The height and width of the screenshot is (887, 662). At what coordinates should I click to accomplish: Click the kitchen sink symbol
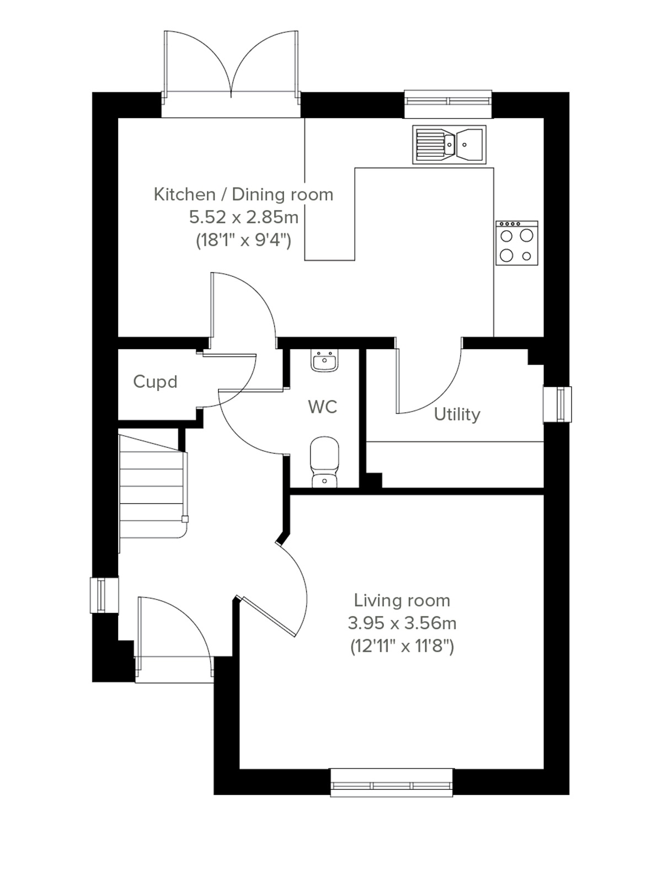[x=449, y=145]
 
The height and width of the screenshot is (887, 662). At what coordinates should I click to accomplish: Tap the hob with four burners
[x=517, y=243]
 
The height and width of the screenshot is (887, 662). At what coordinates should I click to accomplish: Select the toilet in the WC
[x=324, y=462]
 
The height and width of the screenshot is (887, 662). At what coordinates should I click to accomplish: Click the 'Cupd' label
[x=156, y=382]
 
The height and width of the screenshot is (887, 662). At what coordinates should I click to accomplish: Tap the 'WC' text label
[x=323, y=407]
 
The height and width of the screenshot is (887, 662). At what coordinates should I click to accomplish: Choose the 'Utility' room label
[x=457, y=414]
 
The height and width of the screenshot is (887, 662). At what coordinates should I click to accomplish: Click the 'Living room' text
[x=402, y=600]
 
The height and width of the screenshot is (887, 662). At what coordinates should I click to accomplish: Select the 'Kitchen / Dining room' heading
[x=243, y=194]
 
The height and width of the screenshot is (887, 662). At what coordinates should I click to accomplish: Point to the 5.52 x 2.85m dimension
[x=244, y=217]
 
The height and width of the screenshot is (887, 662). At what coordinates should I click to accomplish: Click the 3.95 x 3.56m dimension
[x=402, y=623]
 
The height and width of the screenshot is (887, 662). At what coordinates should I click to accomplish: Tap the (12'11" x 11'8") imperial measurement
[x=402, y=646]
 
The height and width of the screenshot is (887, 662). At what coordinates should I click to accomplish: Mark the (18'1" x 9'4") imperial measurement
[x=243, y=241]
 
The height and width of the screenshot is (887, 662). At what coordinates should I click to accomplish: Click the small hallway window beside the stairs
[x=103, y=595]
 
